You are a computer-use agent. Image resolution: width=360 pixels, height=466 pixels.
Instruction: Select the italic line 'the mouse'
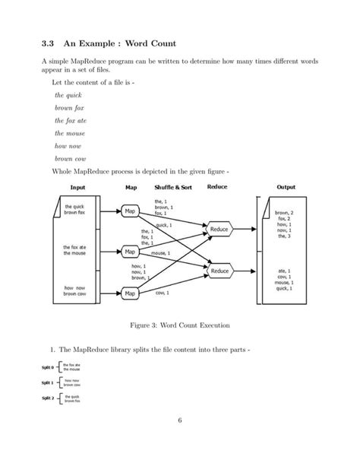tap(69, 132)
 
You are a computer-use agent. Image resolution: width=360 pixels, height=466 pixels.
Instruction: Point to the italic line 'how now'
tap(67, 145)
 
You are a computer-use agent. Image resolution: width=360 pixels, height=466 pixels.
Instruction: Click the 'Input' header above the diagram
tap(77, 186)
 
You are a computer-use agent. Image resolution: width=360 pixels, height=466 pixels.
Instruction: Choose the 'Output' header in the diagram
tap(286, 186)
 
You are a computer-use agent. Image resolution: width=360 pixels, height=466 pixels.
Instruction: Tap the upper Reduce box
tap(219, 229)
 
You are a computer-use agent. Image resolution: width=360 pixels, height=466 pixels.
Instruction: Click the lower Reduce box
tap(219, 271)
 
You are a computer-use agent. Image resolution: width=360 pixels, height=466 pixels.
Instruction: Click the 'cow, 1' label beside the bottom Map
tap(162, 293)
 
